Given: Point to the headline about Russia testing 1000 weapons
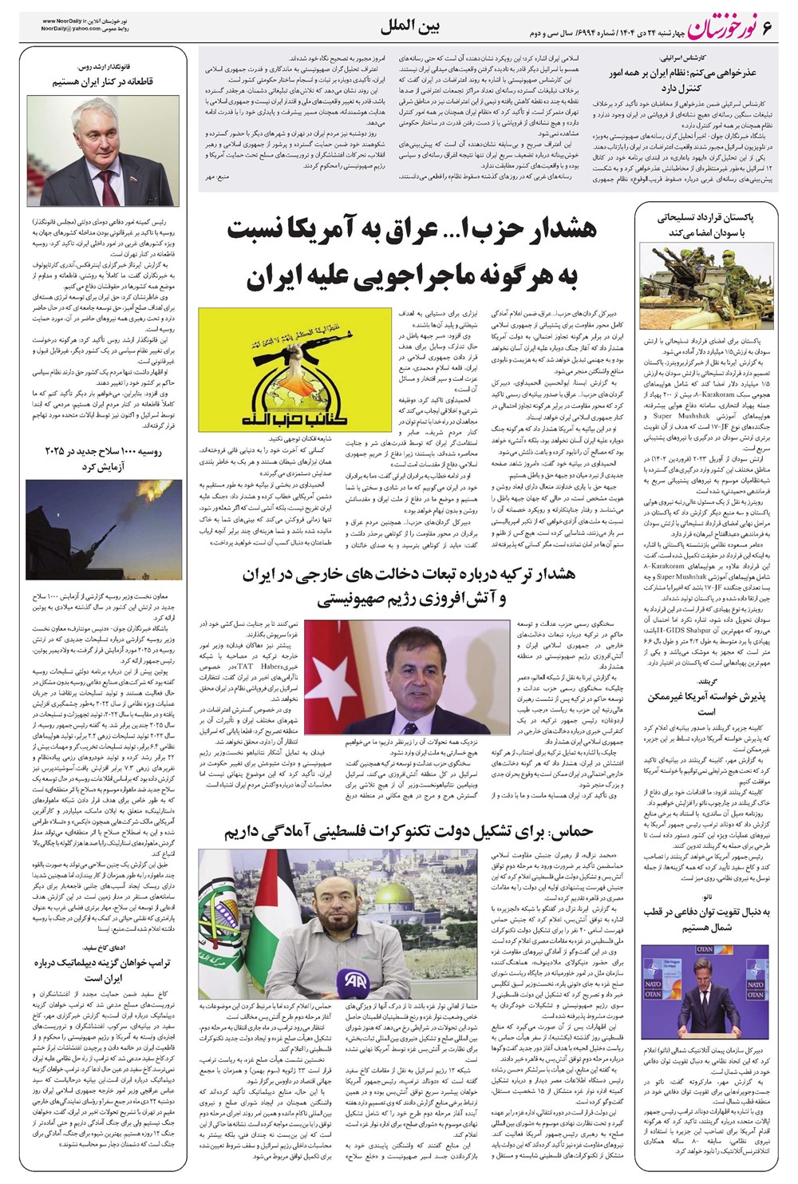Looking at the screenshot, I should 104,458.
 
